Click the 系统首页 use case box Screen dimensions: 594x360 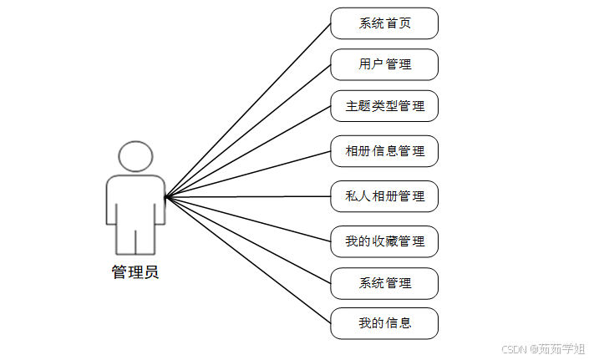pos(384,23)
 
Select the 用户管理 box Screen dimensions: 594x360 pos(384,64)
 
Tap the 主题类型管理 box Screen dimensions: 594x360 pos(384,106)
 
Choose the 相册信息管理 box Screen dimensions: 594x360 pos(384,151)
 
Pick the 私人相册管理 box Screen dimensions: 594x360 pos(384,196)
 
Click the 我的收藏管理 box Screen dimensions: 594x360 pos(384,241)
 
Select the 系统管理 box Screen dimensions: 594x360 pos(384,283)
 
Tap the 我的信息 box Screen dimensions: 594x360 pos(384,323)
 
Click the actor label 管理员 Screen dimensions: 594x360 pos(135,271)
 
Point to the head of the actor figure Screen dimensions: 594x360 pos(135,156)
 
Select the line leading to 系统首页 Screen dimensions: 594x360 pos(248,110)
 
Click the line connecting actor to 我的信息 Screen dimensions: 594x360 pos(248,261)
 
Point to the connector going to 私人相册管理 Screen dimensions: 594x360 pos(248,197)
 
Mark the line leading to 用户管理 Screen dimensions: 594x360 pos(248,130)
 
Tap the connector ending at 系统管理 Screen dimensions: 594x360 pos(248,241)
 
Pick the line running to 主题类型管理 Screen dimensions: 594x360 pos(248,151)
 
